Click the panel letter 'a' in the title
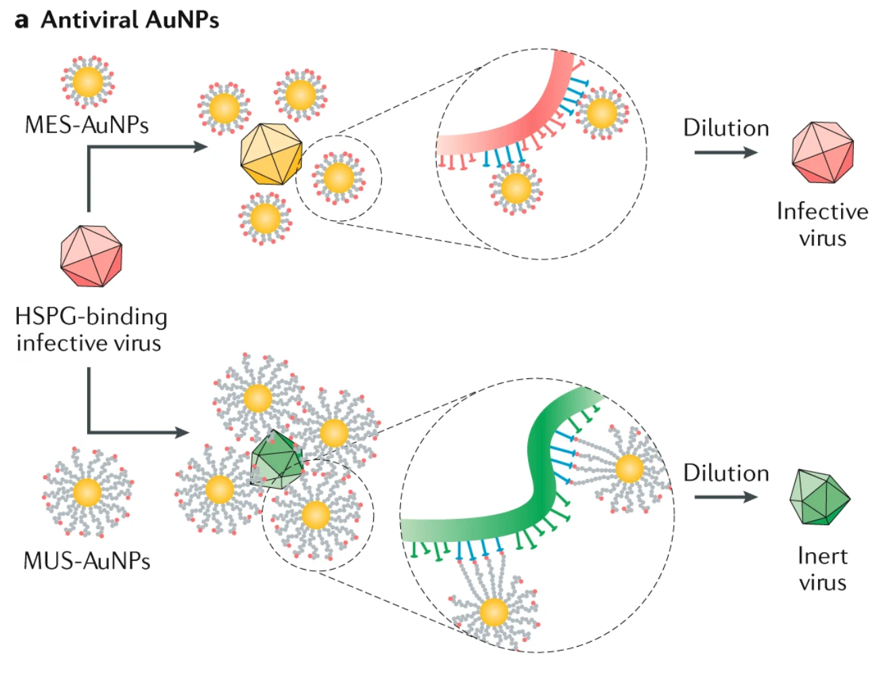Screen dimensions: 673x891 click(x=22, y=20)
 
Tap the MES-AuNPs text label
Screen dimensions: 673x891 click(x=87, y=125)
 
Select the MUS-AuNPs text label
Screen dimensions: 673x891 click(x=87, y=561)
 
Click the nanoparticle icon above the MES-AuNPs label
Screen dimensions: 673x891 click(x=88, y=82)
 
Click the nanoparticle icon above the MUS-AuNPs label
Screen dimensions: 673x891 click(x=88, y=492)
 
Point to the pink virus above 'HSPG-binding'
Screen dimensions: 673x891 click(x=91, y=256)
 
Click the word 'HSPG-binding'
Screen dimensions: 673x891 click(x=91, y=316)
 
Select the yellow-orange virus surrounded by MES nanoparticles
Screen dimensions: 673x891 click(x=271, y=155)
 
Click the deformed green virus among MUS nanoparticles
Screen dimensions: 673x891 click(x=276, y=460)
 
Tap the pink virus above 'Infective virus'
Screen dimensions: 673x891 click(x=823, y=153)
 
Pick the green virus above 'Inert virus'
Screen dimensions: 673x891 click(x=819, y=497)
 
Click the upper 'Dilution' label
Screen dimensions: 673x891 click(x=726, y=128)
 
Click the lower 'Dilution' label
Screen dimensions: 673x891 click(x=726, y=473)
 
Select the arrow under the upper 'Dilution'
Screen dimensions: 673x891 click(x=725, y=152)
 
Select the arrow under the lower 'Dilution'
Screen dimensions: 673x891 click(x=725, y=497)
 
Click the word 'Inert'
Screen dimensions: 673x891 click(x=822, y=556)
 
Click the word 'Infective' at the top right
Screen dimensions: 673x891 click(x=822, y=211)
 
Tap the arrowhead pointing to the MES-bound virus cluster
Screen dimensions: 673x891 click(x=200, y=147)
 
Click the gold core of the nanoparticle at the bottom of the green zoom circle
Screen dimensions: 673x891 click(x=493, y=612)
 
